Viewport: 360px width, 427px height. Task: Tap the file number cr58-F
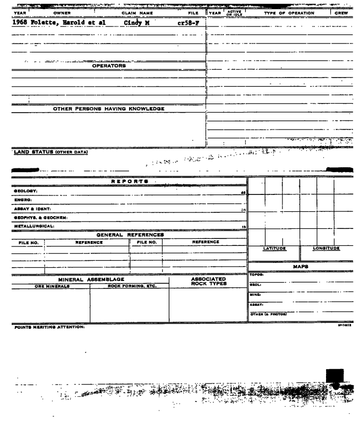[188, 23]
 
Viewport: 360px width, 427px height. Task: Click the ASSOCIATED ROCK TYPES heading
[208, 281]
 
